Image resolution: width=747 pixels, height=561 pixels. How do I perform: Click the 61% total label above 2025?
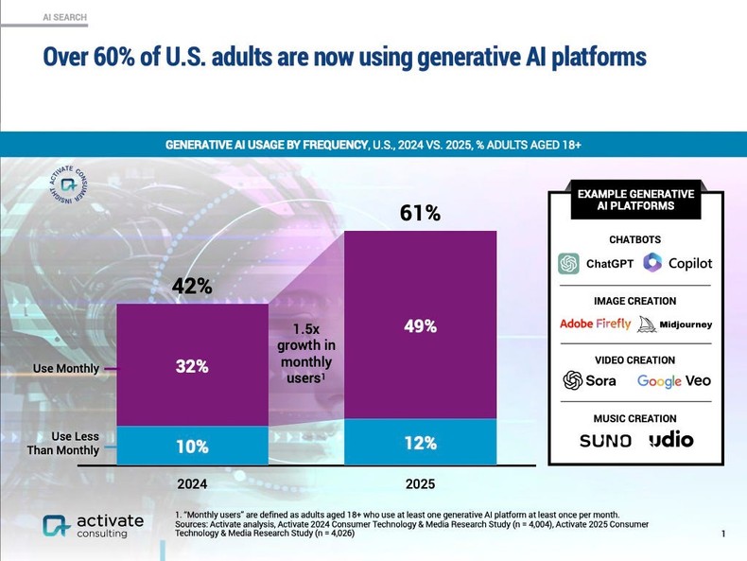(x=420, y=214)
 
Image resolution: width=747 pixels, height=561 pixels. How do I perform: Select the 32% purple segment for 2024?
(x=192, y=366)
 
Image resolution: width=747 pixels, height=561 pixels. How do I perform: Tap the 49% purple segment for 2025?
(x=420, y=326)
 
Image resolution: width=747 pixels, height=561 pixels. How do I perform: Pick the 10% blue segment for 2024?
(x=192, y=446)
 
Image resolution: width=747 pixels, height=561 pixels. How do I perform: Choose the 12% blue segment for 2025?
(x=420, y=443)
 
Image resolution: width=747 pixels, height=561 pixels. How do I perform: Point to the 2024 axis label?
(x=192, y=483)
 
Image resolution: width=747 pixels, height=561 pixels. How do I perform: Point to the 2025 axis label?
(x=420, y=483)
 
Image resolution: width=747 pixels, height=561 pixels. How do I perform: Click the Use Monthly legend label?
(x=65, y=368)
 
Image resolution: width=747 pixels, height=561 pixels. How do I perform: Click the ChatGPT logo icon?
(x=568, y=263)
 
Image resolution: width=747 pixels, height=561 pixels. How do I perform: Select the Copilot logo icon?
(x=652, y=262)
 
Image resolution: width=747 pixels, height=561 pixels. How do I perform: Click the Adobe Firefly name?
(x=595, y=324)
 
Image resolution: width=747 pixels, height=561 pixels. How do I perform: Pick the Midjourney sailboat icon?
(x=647, y=324)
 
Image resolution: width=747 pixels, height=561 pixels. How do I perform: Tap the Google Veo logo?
(x=673, y=381)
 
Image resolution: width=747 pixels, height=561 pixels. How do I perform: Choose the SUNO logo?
(x=605, y=440)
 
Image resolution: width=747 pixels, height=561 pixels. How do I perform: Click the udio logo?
(x=670, y=439)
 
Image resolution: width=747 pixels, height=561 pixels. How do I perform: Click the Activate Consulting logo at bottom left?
(x=93, y=526)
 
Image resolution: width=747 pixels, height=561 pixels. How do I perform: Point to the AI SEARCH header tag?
(x=64, y=17)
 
